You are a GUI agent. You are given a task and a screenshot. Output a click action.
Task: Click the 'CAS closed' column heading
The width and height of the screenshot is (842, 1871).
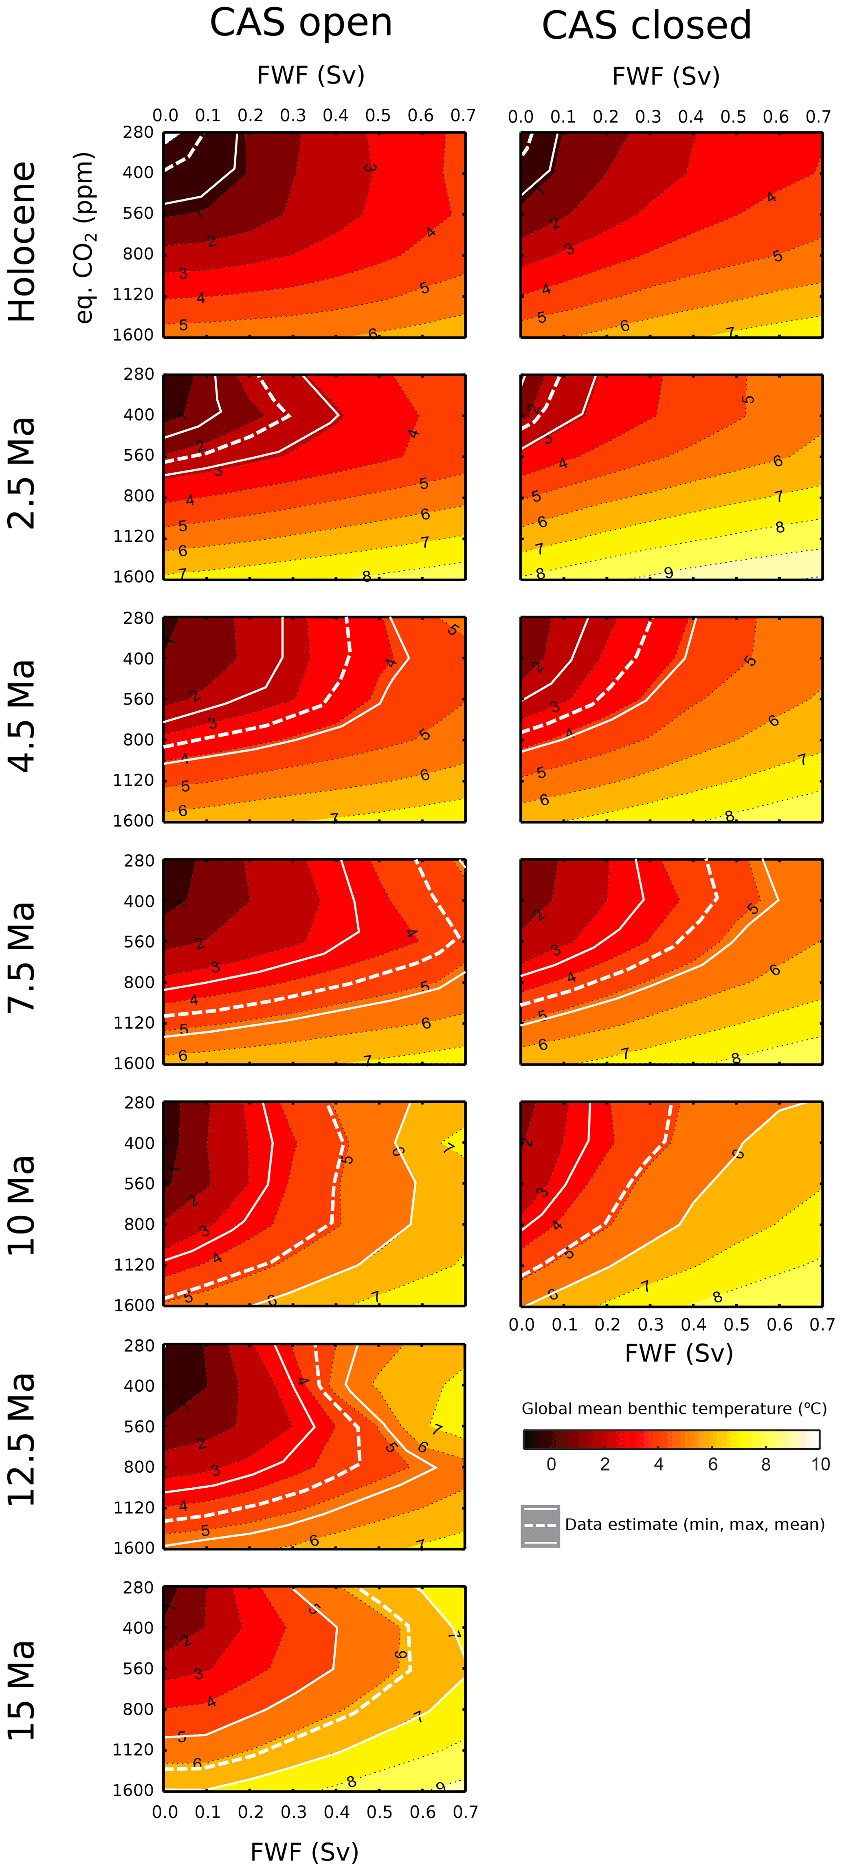(x=646, y=25)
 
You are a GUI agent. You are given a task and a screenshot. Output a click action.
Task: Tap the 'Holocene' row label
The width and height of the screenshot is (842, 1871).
(x=22, y=242)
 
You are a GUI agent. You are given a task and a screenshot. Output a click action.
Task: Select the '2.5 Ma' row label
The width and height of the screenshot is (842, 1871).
(x=22, y=473)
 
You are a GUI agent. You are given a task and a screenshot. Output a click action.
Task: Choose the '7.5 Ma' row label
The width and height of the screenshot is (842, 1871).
(x=22, y=957)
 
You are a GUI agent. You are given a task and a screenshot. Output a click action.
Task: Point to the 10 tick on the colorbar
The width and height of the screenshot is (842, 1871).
(x=820, y=1464)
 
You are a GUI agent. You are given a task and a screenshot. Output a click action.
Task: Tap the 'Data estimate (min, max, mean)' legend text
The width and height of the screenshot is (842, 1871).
(x=695, y=1524)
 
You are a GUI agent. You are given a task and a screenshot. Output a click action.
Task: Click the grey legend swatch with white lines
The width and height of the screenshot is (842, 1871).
(x=540, y=1525)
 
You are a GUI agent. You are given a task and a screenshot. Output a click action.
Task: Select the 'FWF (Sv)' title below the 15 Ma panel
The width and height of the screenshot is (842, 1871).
(x=304, y=1851)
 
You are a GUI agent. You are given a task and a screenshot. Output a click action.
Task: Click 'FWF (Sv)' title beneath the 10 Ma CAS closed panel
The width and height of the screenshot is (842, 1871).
(x=679, y=1352)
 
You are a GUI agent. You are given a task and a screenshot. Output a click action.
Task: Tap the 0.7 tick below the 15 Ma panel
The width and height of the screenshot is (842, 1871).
(x=465, y=1812)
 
